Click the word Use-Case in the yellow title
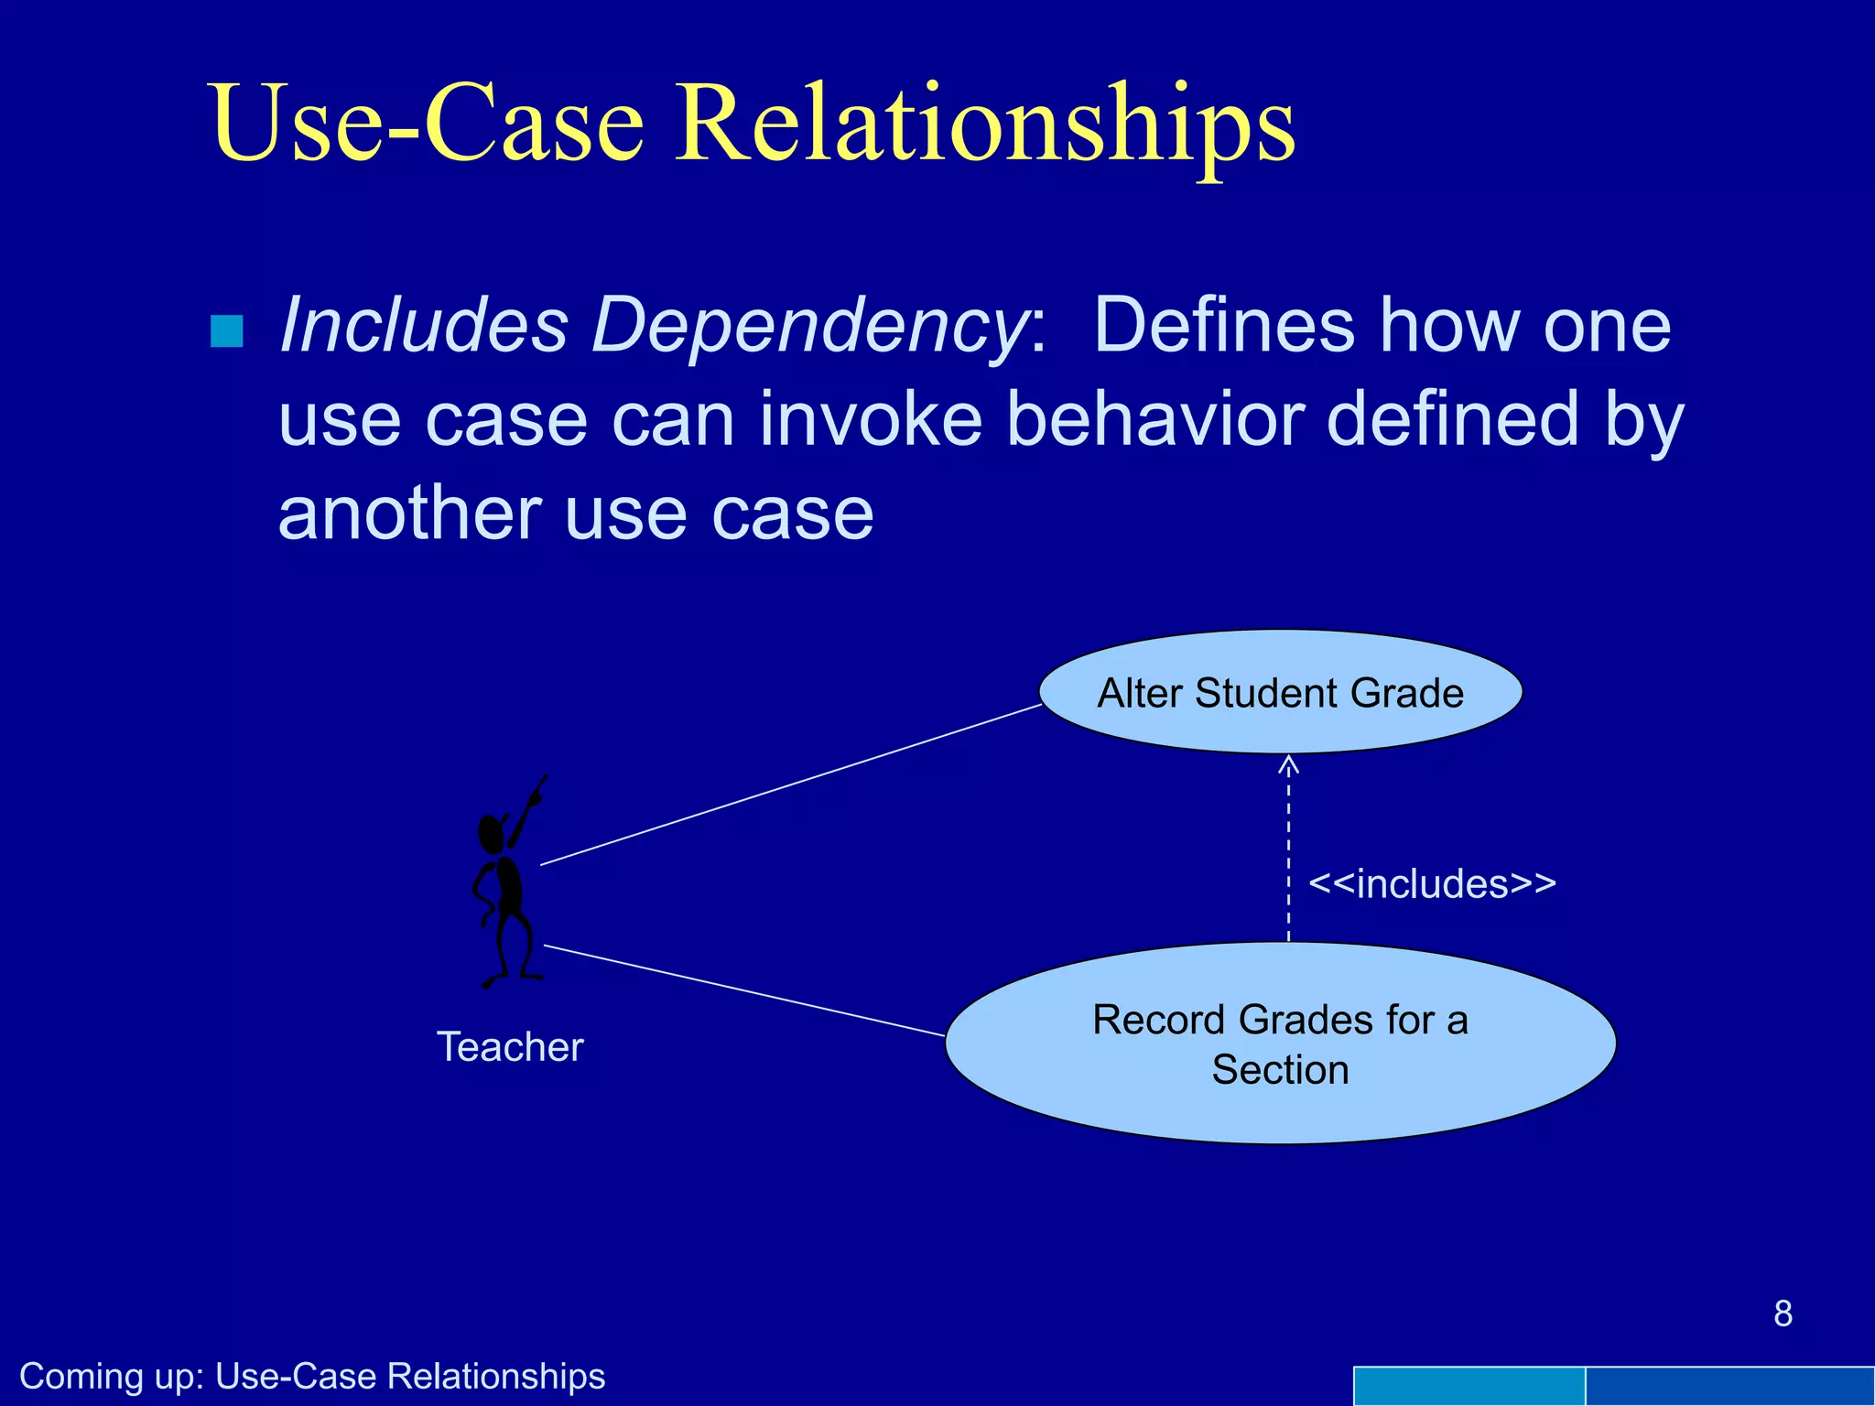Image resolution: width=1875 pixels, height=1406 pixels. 428,124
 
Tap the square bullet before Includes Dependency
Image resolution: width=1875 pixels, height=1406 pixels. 227,331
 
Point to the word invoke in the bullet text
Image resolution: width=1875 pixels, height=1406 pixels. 870,419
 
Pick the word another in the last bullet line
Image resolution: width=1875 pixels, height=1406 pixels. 409,514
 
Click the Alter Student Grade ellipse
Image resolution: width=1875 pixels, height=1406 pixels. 1280,693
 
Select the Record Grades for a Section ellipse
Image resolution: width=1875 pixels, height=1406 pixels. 1280,1044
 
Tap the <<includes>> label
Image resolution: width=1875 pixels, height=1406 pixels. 1432,884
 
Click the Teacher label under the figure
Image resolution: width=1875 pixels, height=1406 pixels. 510,1047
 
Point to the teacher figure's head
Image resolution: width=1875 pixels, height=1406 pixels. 492,833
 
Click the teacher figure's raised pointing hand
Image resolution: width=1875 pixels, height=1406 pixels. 538,789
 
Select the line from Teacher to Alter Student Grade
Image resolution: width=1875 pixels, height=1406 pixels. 790,784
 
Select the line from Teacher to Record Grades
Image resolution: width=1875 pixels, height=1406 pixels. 743,990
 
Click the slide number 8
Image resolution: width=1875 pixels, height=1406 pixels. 1783,1314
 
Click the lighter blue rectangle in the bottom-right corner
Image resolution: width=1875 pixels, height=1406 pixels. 1469,1386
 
